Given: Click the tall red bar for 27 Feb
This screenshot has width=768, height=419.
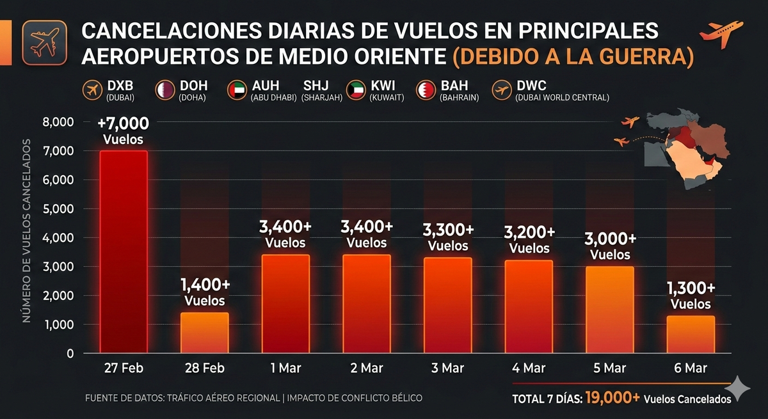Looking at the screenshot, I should [124, 252].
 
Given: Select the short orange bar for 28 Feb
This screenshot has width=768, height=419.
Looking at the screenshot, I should [204, 333].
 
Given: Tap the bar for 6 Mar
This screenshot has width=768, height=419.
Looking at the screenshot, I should [691, 334].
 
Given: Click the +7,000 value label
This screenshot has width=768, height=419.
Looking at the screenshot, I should [123, 123].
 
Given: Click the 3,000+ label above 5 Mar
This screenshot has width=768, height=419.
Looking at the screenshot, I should [610, 239].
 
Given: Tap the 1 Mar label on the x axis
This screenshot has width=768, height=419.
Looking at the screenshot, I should [285, 368].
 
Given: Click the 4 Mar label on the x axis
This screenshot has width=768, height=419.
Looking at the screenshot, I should [529, 368].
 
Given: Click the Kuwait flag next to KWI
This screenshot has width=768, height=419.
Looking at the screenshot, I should [355, 90].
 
